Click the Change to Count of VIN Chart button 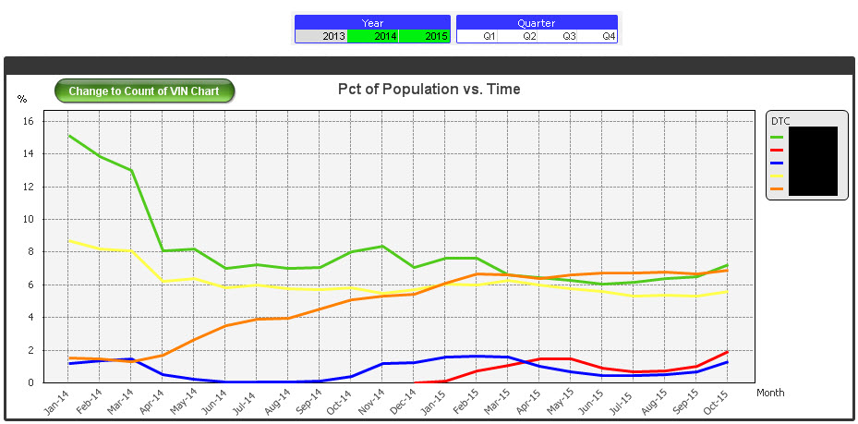[x=144, y=91]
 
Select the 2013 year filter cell [x=320, y=36]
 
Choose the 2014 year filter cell [x=372, y=36]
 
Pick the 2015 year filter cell [x=424, y=36]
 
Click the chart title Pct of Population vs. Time [x=429, y=89]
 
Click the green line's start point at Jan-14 [x=68, y=136]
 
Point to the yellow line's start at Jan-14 [x=68, y=241]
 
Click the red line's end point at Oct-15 [x=728, y=351]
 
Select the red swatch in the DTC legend [x=777, y=150]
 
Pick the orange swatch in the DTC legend [x=777, y=188]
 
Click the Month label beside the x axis [x=770, y=393]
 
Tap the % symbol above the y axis [x=22, y=99]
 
